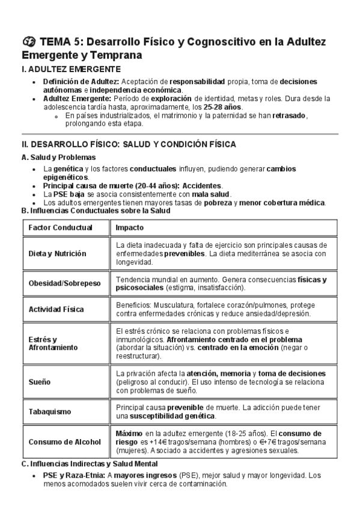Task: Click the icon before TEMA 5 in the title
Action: tap(28, 41)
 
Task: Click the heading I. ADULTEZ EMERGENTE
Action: tap(71, 70)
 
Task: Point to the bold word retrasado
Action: tap(289, 115)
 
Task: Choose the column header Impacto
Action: tap(129, 228)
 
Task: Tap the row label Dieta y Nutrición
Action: tap(57, 254)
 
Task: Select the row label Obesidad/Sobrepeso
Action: tap(64, 283)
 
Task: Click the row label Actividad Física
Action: tap(56, 309)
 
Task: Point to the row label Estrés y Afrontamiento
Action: tap(53, 343)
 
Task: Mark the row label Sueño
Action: tap(40, 382)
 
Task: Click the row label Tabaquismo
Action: tap(50, 412)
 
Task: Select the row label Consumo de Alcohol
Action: tap(64, 441)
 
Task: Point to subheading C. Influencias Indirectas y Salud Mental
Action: tap(89, 464)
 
